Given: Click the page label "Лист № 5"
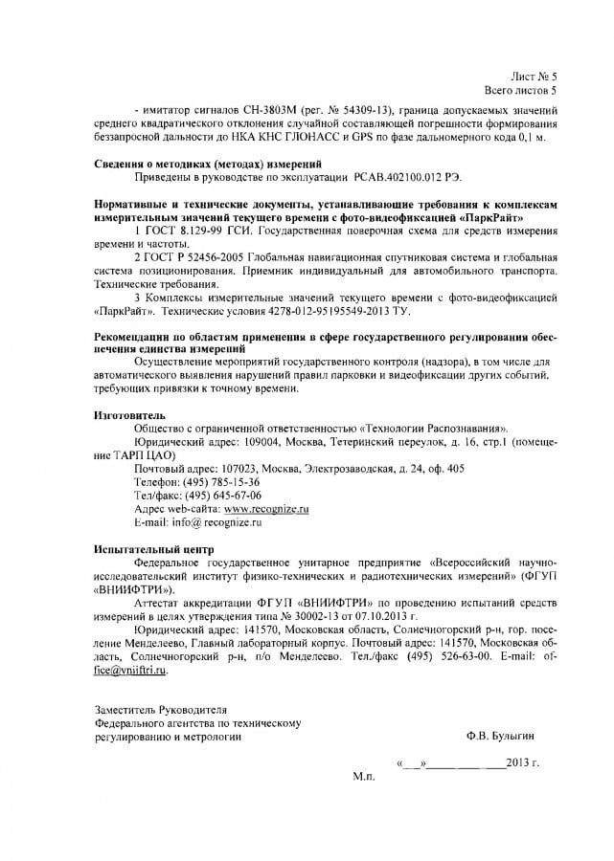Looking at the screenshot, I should [x=534, y=75].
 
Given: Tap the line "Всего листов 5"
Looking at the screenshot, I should [x=521, y=90].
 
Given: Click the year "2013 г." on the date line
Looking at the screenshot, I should [x=525, y=763].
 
